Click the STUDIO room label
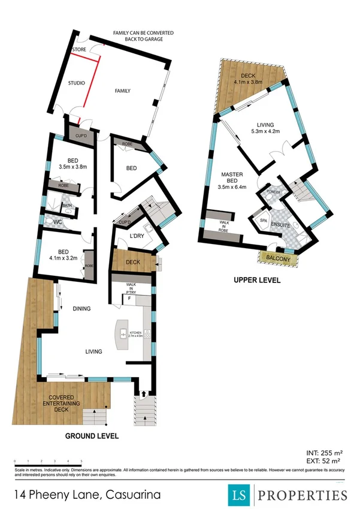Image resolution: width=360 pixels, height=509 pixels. point(75,82)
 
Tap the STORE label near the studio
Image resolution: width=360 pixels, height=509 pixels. point(79,49)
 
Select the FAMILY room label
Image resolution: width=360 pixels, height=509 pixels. point(123,91)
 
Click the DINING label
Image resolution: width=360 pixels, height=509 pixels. point(81,309)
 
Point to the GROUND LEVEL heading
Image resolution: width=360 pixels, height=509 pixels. point(92,435)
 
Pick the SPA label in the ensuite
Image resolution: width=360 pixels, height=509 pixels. point(262,221)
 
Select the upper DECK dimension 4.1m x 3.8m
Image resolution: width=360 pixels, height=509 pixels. point(248,82)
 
